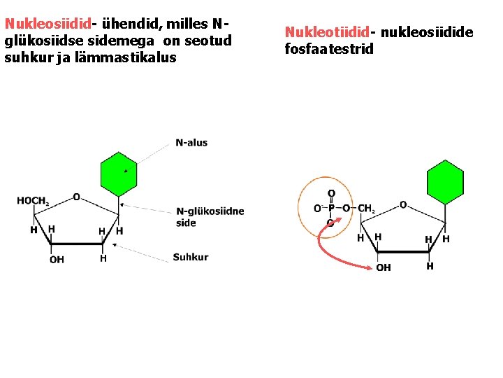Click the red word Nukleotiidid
327,32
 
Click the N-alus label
191,143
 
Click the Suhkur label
191,257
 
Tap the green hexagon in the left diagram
118,174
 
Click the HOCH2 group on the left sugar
32,202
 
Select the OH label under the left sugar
57,260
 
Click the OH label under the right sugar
384,267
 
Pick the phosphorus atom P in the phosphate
332,209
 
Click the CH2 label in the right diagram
366,209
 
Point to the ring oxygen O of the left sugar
76,197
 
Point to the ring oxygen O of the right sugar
403,204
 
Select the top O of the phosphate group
331,193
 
